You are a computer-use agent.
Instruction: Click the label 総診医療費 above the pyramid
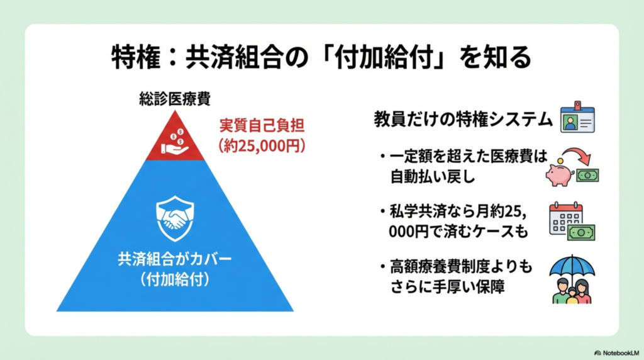point(175,99)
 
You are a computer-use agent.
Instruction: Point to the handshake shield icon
point(175,218)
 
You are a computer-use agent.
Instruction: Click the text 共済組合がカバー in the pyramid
point(175,259)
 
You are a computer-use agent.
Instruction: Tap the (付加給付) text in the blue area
point(175,278)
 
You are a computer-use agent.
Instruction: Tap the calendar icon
point(564,217)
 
